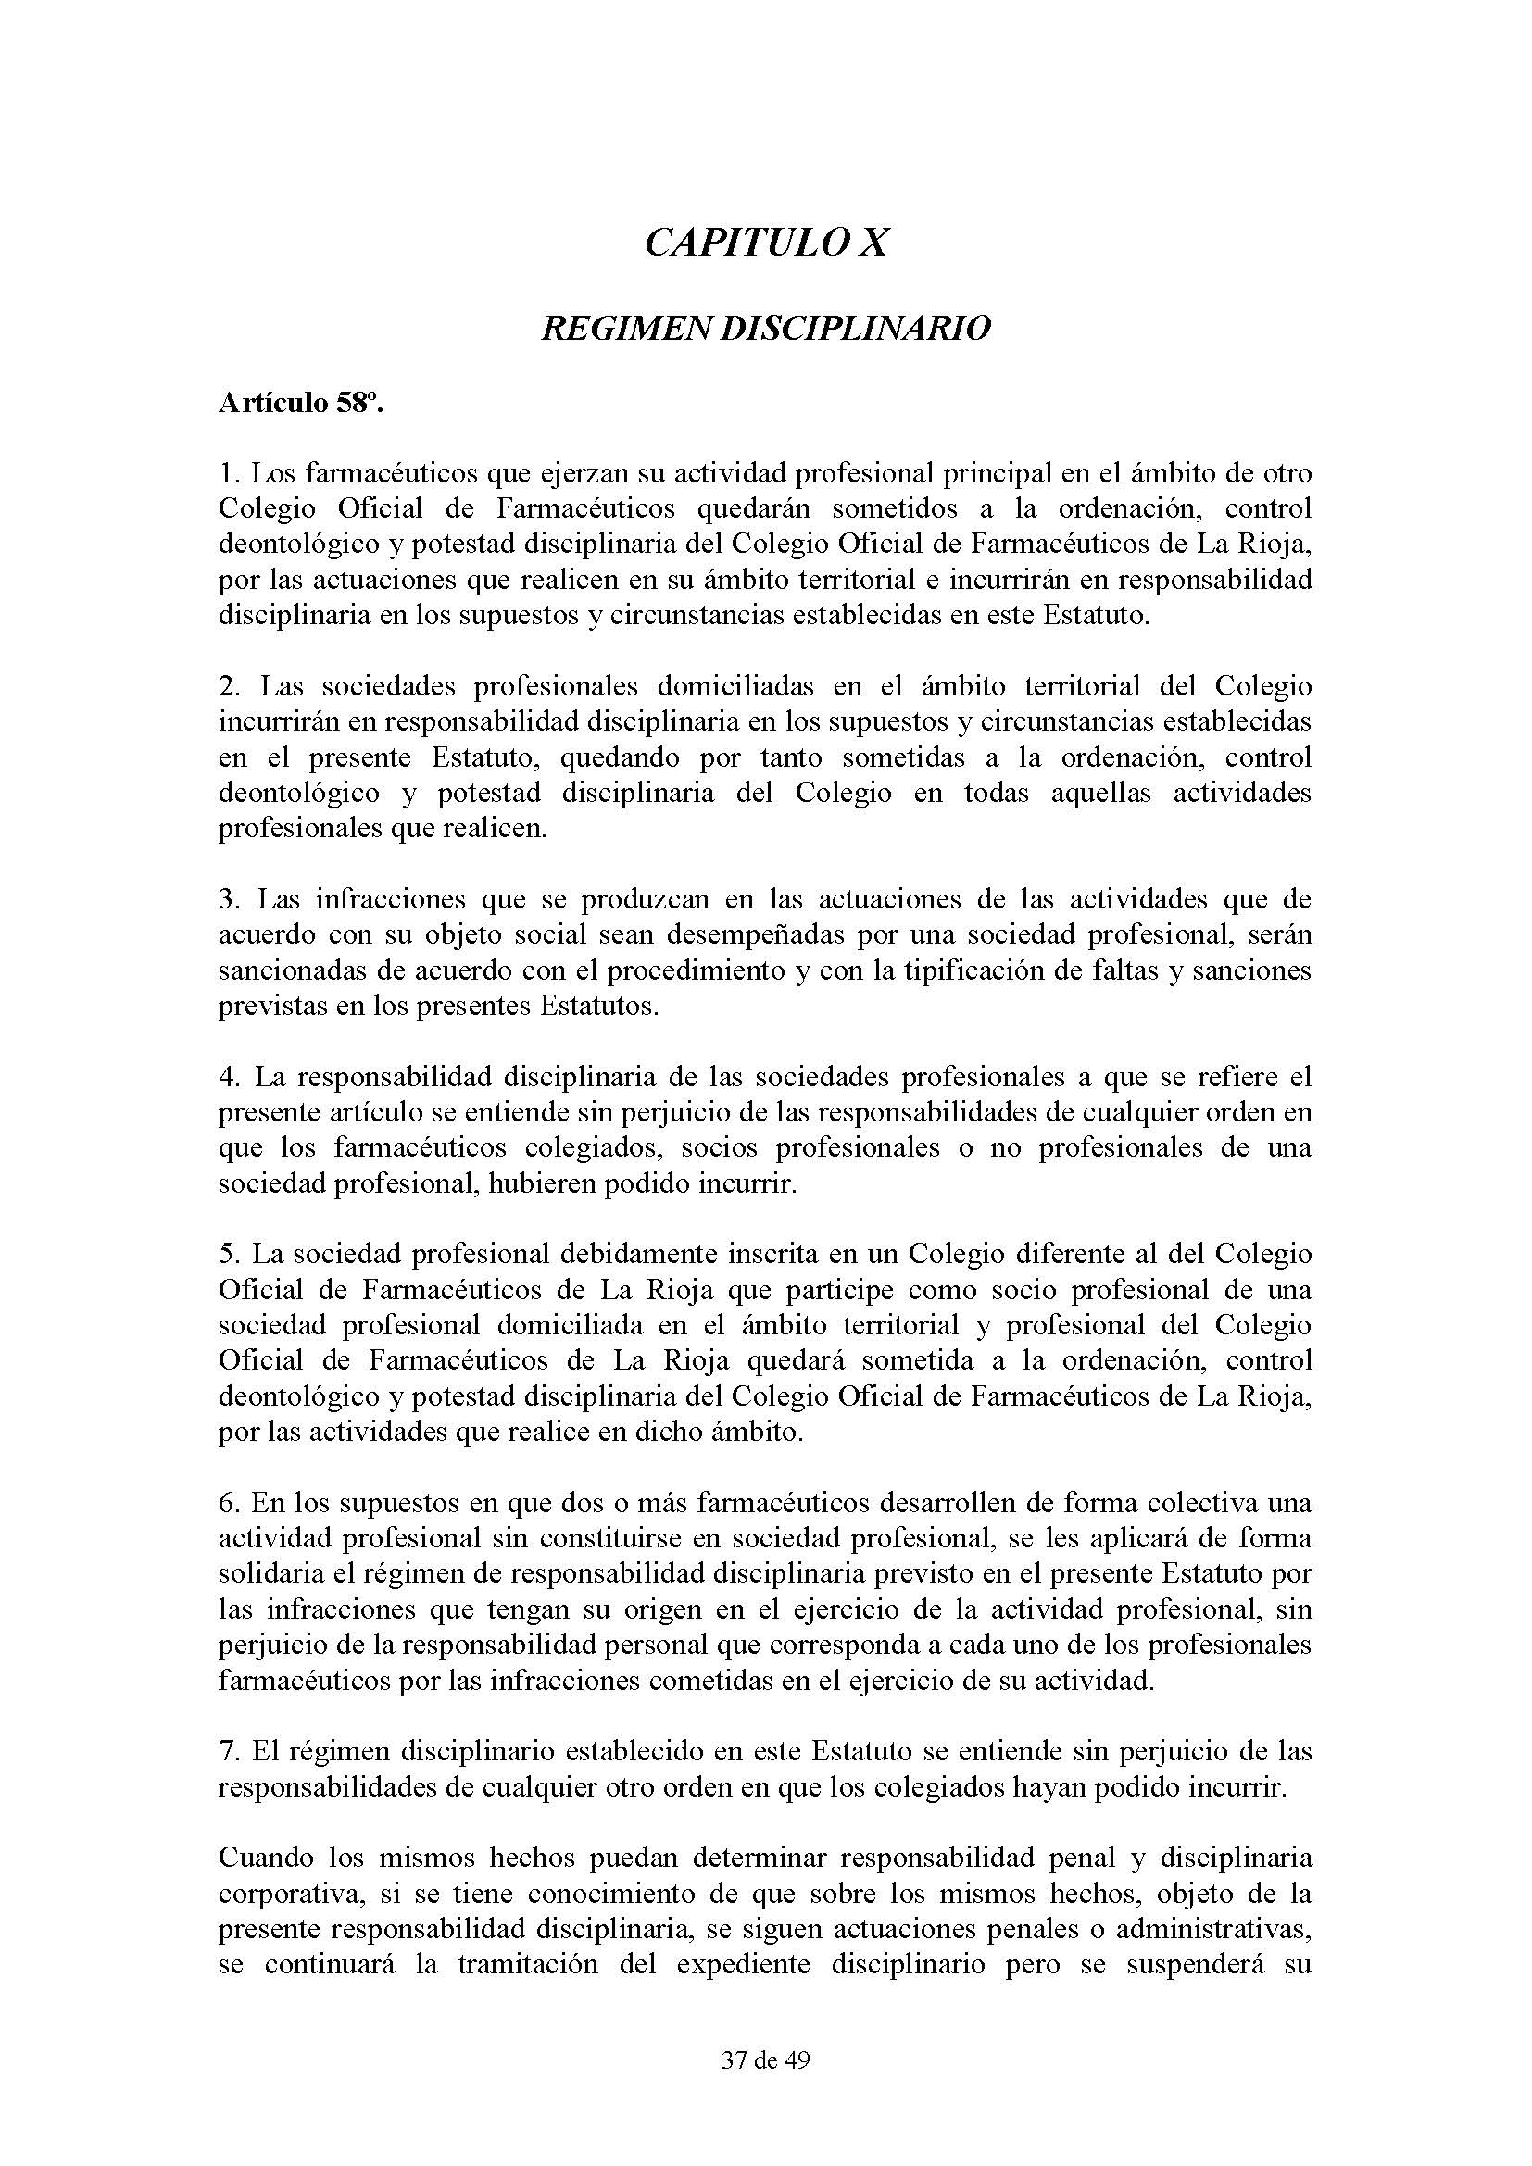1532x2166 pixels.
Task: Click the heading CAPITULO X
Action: (765, 243)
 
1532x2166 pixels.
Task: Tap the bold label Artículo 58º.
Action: (301, 403)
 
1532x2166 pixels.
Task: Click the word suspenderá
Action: (1157, 1965)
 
